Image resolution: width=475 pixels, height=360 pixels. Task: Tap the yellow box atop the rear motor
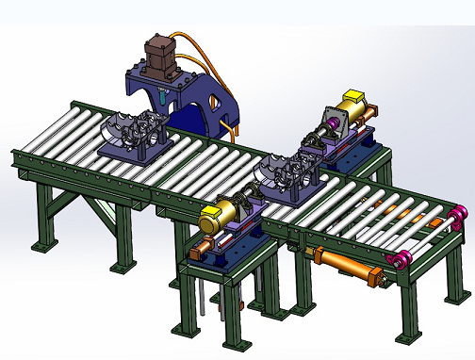point(354,97)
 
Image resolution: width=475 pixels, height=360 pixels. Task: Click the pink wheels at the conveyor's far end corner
point(458,219)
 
